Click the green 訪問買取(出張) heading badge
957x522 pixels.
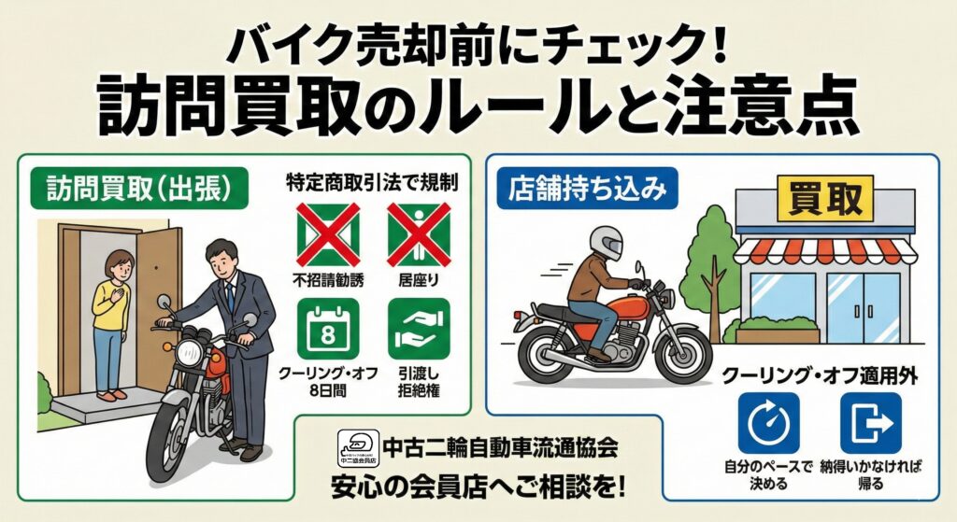point(140,189)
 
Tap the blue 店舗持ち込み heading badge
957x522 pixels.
point(588,189)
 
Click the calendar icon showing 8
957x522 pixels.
point(328,330)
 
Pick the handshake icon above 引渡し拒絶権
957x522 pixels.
point(419,330)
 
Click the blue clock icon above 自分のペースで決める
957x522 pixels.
point(768,423)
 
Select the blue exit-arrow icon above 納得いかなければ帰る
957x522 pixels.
point(871,423)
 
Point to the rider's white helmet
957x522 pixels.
point(607,243)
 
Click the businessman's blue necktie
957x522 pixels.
point(230,296)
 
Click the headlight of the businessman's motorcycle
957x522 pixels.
point(190,353)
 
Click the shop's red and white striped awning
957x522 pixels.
point(825,250)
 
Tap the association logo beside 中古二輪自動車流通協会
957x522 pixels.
point(358,448)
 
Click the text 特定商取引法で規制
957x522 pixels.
point(372,182)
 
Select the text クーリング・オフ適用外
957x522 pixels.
point(820,375)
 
